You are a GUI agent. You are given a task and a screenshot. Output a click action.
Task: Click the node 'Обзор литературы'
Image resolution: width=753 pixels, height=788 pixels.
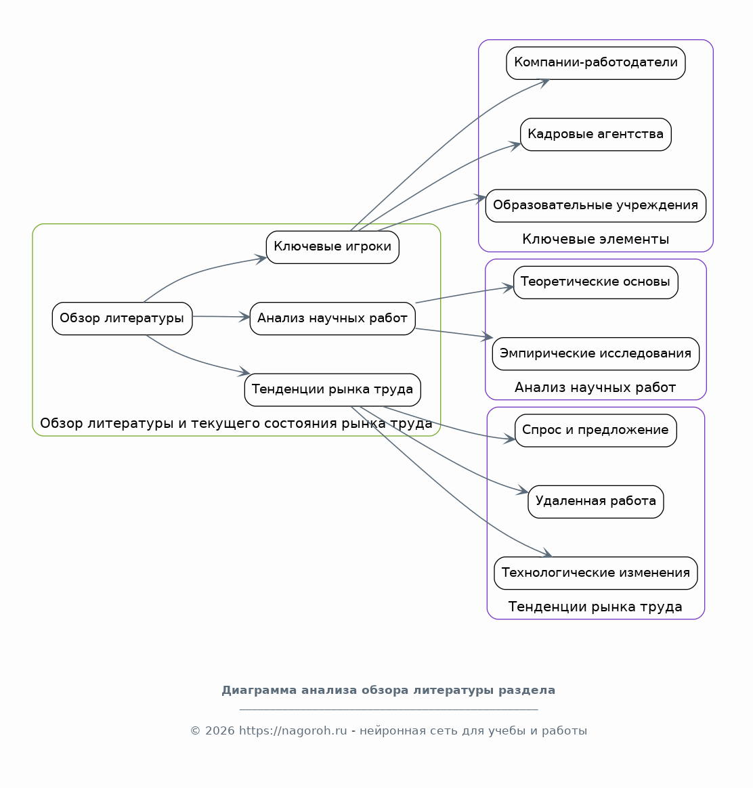122,319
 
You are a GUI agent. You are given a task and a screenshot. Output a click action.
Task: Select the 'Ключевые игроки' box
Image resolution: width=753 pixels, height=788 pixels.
332,247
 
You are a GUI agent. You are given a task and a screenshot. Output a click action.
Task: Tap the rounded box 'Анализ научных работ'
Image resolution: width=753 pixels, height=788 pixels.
332,319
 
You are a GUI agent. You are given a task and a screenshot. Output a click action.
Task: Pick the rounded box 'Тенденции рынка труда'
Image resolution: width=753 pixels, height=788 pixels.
332,390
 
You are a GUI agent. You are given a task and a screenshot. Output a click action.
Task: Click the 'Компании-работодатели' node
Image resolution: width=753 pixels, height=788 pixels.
596,64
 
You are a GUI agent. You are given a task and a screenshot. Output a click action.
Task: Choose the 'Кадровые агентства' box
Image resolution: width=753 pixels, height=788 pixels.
596,135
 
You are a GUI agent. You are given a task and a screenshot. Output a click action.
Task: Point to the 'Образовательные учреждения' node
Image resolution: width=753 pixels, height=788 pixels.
596,206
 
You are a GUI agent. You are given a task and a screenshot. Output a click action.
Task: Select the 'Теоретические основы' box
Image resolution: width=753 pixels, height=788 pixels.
596,282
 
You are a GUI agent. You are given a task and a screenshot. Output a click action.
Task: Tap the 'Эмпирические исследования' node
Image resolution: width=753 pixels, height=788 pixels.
596,354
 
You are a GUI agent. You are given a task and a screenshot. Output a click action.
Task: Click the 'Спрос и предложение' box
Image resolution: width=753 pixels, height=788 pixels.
596,431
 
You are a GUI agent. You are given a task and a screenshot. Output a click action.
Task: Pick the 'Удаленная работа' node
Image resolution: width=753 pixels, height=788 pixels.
596,502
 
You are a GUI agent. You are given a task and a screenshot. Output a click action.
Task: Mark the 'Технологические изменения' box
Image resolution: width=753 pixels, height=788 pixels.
596,573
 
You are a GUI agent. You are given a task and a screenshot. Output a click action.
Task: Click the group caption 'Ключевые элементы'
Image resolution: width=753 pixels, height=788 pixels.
596,239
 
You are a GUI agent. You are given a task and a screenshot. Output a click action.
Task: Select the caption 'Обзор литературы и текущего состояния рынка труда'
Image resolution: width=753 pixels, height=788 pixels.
236,424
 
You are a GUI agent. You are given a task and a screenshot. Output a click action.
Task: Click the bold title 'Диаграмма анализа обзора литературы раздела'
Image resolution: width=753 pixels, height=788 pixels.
389,691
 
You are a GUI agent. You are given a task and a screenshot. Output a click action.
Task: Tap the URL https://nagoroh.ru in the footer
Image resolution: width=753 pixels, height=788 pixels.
293,730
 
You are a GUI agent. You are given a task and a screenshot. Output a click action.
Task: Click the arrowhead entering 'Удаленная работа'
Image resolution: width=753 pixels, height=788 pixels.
523,491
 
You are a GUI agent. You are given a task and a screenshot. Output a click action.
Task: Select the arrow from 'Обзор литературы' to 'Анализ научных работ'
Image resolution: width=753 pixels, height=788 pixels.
221,317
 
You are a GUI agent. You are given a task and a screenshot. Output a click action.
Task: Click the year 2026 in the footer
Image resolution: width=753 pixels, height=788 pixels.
219,730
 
